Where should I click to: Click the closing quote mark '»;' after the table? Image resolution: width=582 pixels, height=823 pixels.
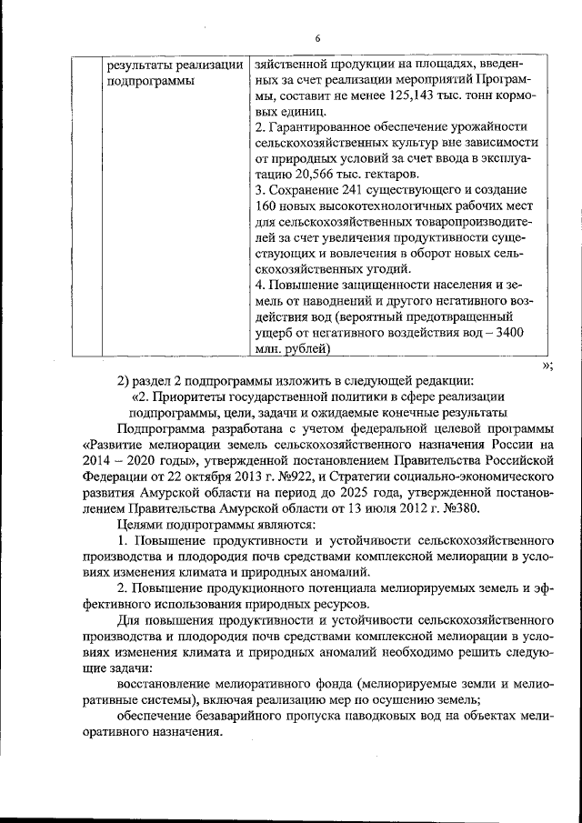[x=547, y=365]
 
